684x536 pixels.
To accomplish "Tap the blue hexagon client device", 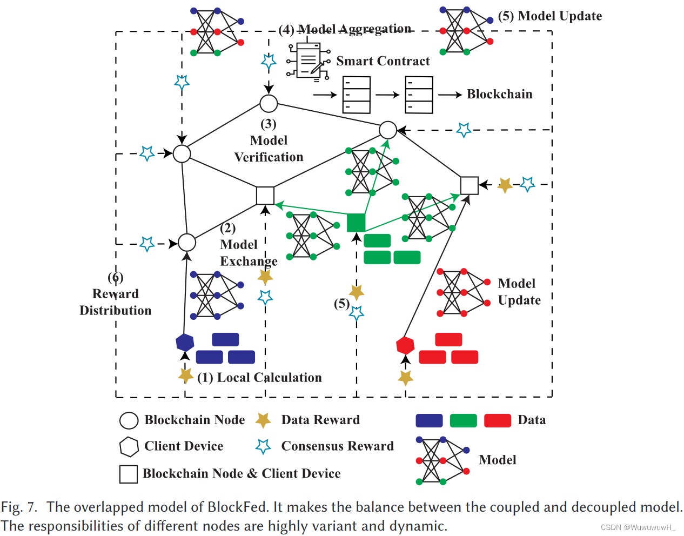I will pos(185,343).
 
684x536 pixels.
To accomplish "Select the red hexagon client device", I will pos(405,345).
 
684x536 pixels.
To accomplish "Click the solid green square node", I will pos(356,222).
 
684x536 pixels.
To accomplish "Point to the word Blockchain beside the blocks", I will pos(499,95).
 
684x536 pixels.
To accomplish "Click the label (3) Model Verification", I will pos(269,141).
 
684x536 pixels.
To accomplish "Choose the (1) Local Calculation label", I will pos(259,378).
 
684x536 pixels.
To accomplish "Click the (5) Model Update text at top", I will pos(549,16).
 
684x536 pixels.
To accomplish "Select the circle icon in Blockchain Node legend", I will pos(129,420).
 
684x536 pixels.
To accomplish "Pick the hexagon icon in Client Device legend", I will pos(129,447).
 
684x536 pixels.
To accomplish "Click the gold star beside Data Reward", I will pos(263,420).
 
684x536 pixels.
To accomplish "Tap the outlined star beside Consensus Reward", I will pos(263,446).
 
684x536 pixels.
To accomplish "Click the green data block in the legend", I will pos(463,420).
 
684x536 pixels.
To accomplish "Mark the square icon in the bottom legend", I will pos(129,474).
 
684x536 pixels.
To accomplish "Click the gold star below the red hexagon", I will pos(405,378).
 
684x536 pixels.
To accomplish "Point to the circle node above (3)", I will pos(269,103).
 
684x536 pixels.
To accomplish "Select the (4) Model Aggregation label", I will pos(345,29).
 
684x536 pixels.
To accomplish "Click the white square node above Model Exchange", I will pos(265,196).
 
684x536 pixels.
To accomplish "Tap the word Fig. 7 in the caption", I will pos(19,507).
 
